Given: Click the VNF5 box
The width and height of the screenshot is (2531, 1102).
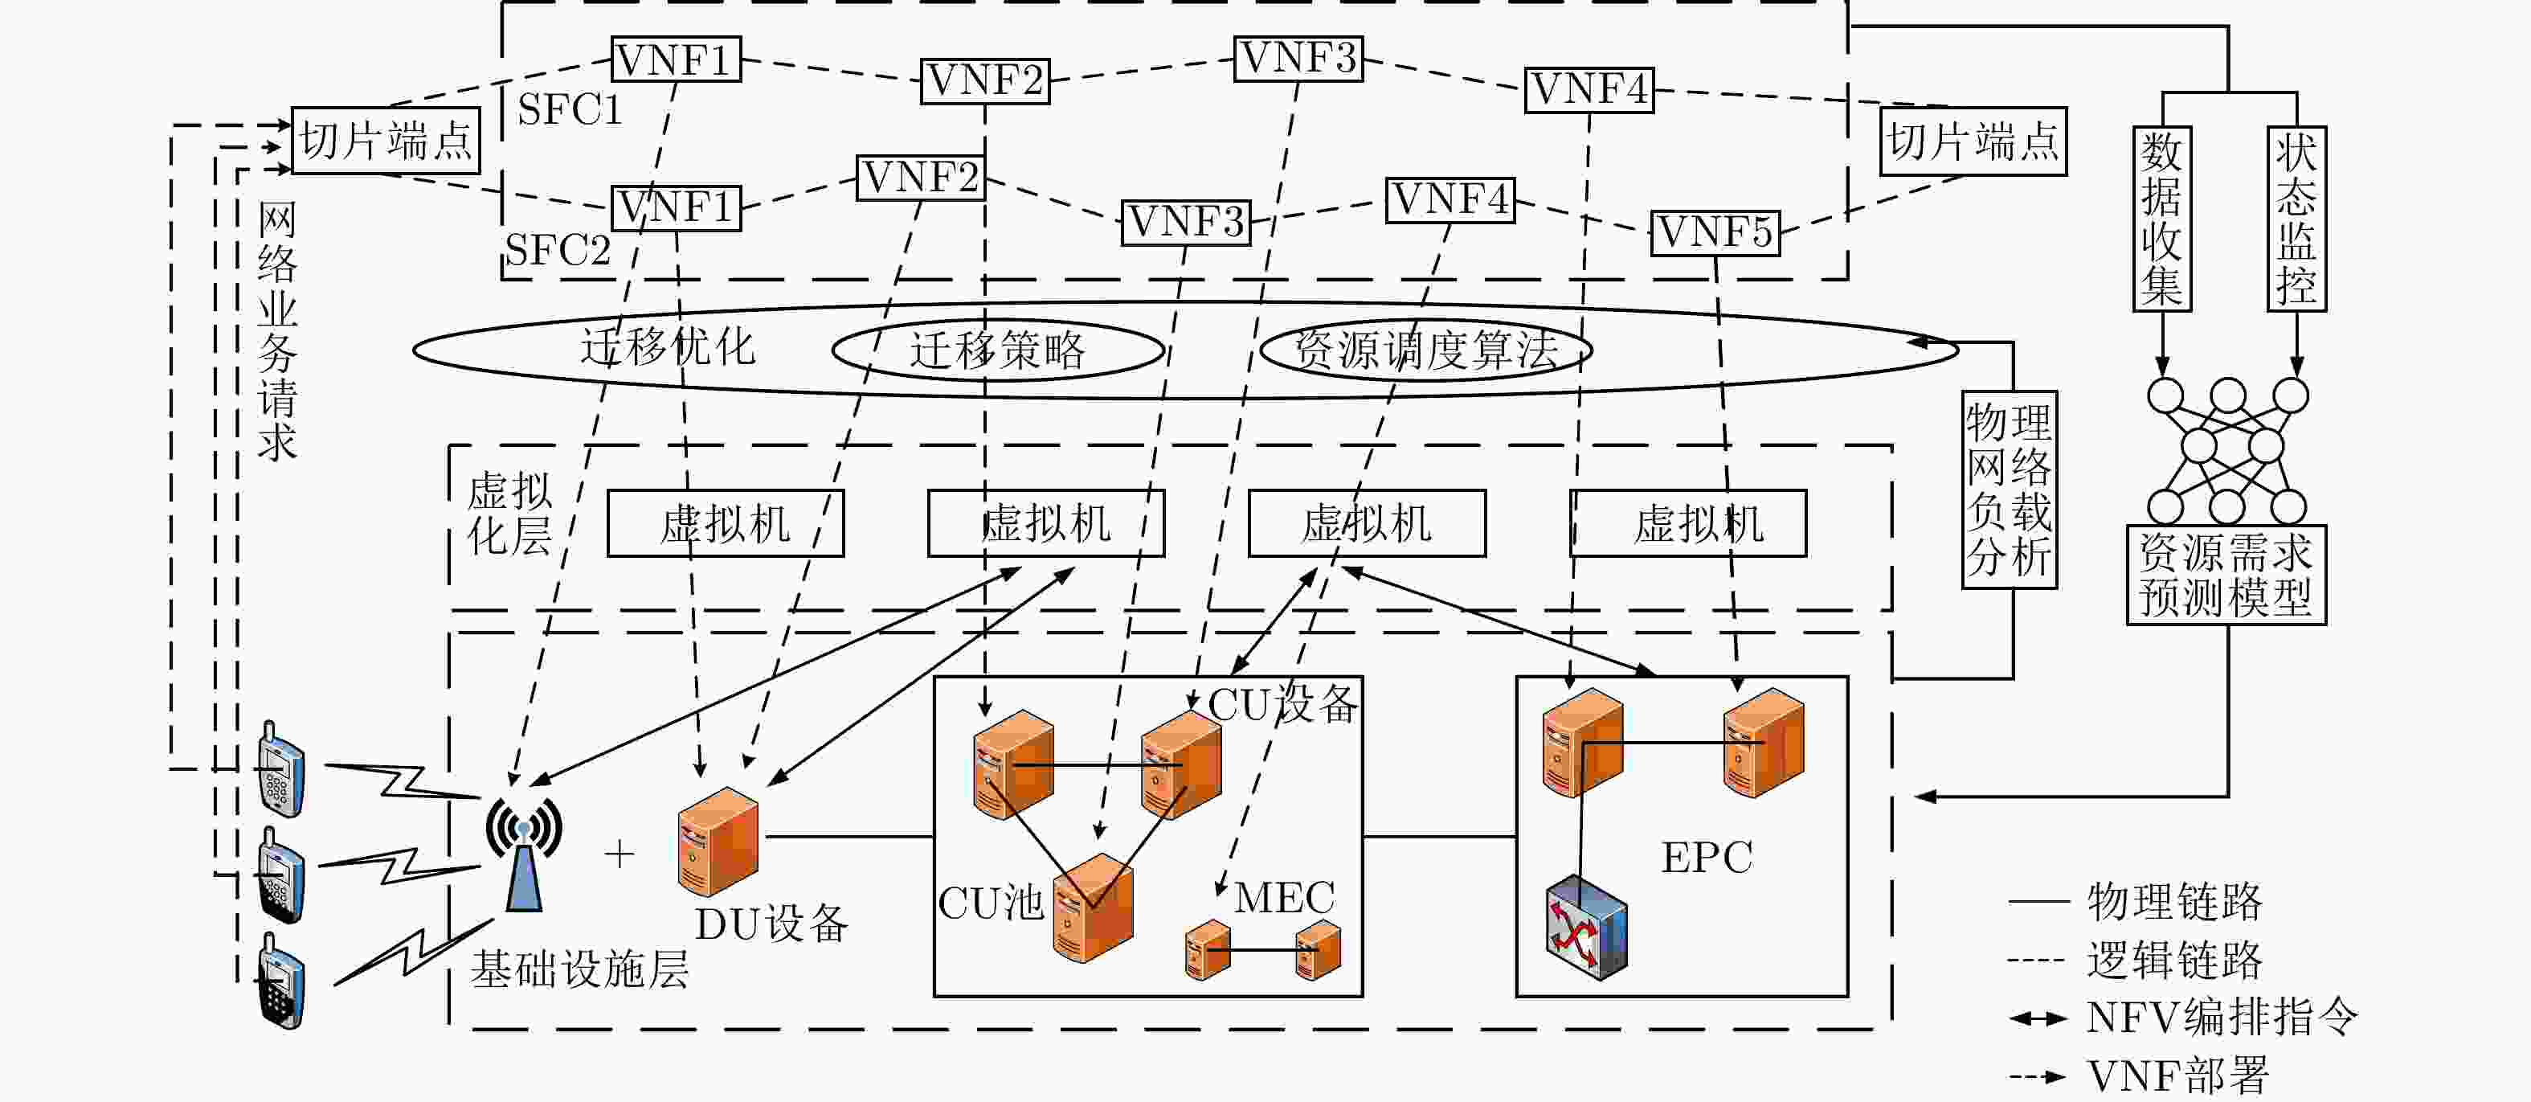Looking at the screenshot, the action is point(1715,233).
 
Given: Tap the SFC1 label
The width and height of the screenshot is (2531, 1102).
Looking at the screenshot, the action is point(570,109).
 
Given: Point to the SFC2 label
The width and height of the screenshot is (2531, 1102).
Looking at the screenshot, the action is point(557,250).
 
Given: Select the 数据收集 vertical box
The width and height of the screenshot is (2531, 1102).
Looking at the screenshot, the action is point(2161,219).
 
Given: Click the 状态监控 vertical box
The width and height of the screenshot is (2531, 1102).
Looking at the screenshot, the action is point(2296,219).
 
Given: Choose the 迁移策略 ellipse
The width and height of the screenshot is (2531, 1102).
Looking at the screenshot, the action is point(998,350).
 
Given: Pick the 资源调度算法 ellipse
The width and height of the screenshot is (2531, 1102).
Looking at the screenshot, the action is point(1425,349).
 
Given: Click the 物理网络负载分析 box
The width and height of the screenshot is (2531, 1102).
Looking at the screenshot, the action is point(2010,490).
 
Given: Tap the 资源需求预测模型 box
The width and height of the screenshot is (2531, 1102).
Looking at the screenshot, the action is point(2226,575).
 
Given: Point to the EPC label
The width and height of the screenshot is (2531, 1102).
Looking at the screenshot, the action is point(1707,857).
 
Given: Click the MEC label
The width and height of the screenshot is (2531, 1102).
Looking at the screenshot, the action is point(1284,896).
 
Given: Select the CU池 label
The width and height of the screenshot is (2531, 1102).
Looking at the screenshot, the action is point(991,903).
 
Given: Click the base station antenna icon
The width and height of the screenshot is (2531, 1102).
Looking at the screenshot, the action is point(524,854).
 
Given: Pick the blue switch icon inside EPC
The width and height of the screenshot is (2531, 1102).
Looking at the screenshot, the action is point(1586,927).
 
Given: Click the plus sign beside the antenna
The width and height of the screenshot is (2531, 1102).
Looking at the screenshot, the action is point(619,854).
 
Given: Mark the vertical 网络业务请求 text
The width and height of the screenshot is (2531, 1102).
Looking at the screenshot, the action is point(277,332).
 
